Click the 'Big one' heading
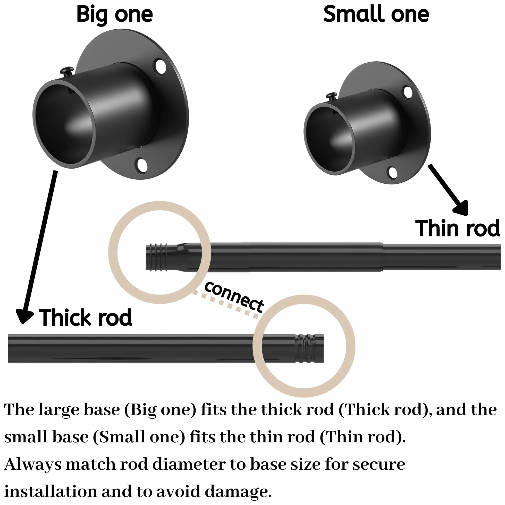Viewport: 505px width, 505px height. (114, 15)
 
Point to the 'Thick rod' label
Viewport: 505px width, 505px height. (85, 318)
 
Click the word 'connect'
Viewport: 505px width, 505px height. (234, 297)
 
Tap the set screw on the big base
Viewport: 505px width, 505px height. (67, 72)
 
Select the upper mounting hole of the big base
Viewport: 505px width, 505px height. (161, 66)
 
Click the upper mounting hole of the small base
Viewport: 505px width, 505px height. (408, 92)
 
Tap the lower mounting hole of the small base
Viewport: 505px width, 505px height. (392, 173)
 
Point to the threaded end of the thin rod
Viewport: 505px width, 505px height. (157, 257)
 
